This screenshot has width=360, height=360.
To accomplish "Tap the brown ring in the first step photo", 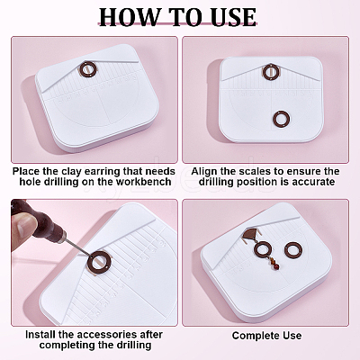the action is click(x=89, y=69).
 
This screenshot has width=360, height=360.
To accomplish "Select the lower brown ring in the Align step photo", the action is click(x=282, y=119).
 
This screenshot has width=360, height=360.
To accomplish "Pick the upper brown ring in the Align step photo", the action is click(x=271, y=72).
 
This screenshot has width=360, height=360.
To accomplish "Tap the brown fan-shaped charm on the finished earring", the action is click(x=250, y=232).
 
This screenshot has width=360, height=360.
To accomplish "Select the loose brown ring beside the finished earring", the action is click(x=293, y=250).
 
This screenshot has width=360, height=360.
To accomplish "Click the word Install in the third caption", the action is click(x=39, y=335).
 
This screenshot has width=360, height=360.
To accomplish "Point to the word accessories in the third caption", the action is click(x=103, y=335).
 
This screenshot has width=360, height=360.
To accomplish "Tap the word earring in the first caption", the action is click(x=103, y=172).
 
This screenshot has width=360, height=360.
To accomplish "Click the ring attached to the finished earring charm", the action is click(x=263, y=249).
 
